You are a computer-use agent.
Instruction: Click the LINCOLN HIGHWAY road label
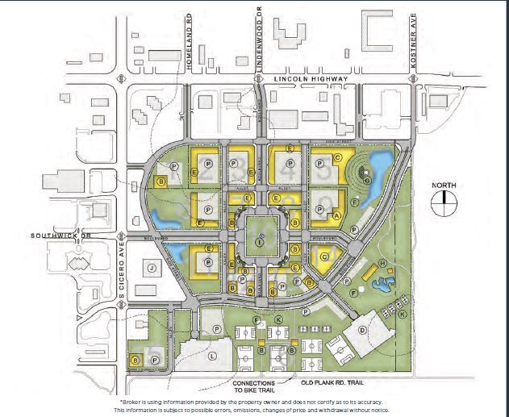click(x=311, y=79)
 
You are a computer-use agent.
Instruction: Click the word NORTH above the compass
click(x=443, y=186)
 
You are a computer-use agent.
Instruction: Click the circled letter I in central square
click(x=259, y=241)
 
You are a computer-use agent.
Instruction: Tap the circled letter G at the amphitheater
click(x=367, y=181)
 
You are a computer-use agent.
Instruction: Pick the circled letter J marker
click(x=151, y=267)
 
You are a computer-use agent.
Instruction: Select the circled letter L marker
click(x=212, y=355)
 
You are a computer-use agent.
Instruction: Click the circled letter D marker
click(x=362, y=331)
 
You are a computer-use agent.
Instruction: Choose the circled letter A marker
click(x=336, y=216)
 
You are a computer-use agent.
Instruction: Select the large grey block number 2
click(x=207, y=172)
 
